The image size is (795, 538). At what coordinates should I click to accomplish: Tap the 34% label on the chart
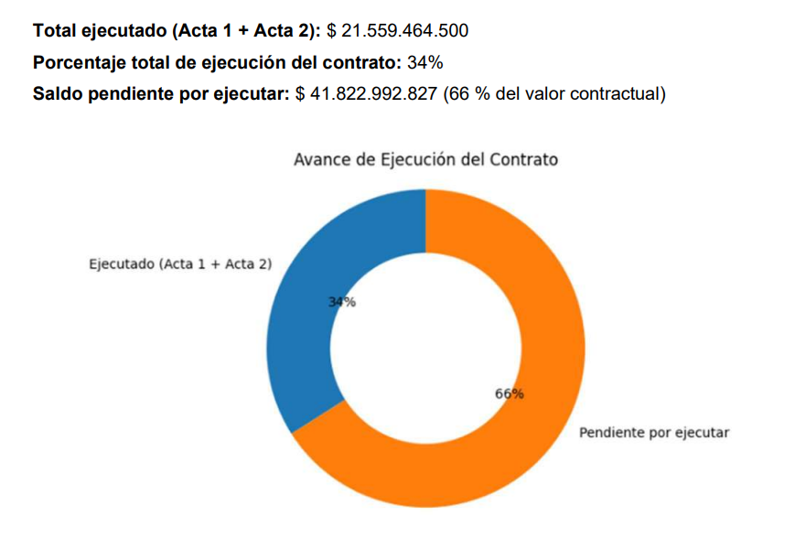coord(342,303)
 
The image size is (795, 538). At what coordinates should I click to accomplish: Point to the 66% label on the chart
coord(510,393)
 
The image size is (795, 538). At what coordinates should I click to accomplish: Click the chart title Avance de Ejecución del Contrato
coord(425,159)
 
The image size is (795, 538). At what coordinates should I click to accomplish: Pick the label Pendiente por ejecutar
coord(654,432)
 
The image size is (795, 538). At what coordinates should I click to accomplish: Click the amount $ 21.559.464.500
coord(397,31)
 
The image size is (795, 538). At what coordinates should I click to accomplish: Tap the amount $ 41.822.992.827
coord(367,94)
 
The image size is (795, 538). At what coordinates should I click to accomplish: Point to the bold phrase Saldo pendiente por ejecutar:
coord(161,94)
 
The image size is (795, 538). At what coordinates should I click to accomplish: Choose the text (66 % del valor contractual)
coord(554,94)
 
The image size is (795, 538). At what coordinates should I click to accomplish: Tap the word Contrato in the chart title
coord(525,159)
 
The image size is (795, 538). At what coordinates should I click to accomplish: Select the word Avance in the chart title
coord(321,159)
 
